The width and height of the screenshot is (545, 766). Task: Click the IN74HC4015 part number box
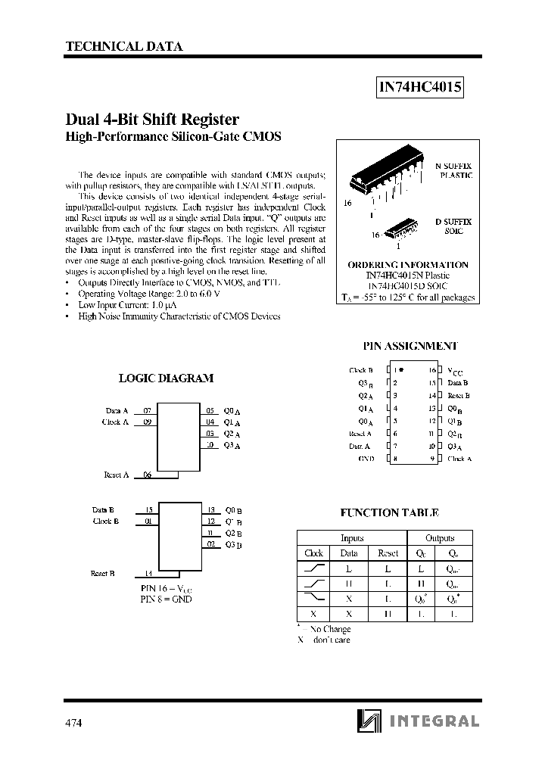(x=420, y=89)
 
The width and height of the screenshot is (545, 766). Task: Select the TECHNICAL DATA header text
(x=124, y=46)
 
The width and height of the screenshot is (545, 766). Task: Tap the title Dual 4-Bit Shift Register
(x=153, y=120)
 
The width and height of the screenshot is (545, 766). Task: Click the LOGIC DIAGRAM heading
(x=167, y=378)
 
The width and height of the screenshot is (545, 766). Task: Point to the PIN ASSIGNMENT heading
(x=410, y=345)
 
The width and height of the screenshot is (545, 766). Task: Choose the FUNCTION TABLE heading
(x=389, y=512)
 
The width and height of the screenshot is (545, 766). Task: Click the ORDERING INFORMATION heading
(x=408, y=265)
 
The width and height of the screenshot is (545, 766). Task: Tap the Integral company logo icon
(x=367, y=721)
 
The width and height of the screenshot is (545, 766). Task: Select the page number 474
(x=73, y=723)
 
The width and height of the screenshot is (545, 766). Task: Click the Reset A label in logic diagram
(x=116, y=475)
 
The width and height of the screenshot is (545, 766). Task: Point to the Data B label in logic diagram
(x=103, y=509)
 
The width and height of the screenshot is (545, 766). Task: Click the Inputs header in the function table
(x=352, y=538)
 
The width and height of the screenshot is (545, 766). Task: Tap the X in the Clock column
(x=313, y=613)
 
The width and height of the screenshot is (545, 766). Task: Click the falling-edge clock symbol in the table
(x=313, y=598)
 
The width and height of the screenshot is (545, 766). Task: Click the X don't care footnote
(x=323, y=640)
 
